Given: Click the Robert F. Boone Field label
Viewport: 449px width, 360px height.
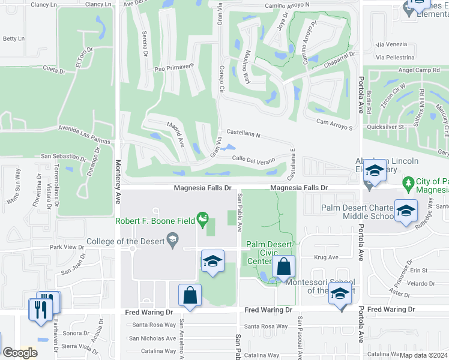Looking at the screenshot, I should tap(156, 221).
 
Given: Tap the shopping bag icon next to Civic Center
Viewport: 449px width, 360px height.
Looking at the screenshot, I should tap(284, 266).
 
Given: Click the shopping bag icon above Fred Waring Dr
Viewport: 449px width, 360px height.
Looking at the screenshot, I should tap(190, 295).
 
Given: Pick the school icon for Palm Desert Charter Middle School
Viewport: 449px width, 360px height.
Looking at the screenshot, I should tap(406, 211).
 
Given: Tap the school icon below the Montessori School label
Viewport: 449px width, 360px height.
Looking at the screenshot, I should tap(340, 296).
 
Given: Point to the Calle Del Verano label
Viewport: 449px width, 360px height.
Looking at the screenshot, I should tap(253, 159).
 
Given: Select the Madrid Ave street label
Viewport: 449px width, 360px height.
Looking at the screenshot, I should tap(175, 132).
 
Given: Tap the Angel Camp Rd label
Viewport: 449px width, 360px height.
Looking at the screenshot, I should tap(419, 70).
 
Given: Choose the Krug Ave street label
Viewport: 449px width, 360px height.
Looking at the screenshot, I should tap(327, 257).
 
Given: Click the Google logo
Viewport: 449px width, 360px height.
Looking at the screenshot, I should tap(20, 353).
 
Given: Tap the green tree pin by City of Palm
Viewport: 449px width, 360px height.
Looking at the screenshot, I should tap(408, 182).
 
